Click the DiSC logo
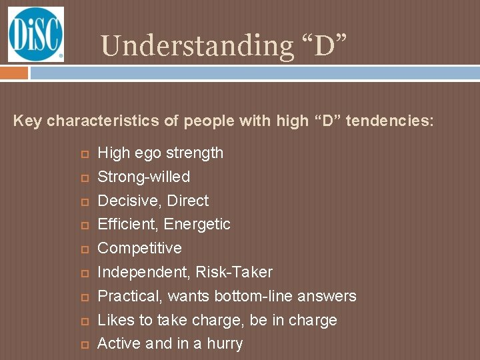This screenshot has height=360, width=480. click(x=36, y=35)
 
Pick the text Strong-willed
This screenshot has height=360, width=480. click(x=143, y=177)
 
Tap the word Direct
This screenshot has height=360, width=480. click(x=188, y=201)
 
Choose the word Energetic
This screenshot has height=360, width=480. click(x=197, y=224)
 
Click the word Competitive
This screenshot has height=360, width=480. click(x=139, y=248)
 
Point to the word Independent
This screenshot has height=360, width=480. click(x=141, y=272)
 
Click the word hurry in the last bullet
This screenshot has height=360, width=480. click(x=222, y=344)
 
